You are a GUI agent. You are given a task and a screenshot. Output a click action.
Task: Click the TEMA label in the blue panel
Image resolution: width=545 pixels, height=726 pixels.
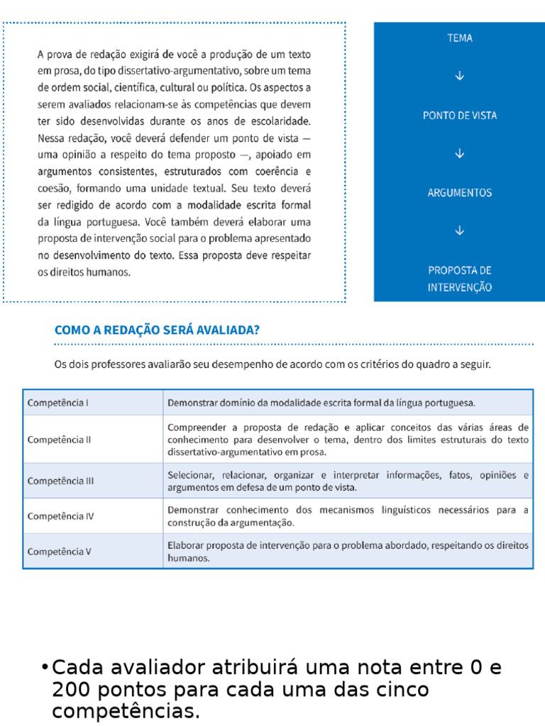[460, 38]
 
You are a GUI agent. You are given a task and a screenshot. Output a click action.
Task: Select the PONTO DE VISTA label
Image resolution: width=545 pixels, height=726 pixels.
[460, 116]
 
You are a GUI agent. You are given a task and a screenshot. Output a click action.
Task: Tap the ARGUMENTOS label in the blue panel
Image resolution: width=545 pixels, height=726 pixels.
[460, 193]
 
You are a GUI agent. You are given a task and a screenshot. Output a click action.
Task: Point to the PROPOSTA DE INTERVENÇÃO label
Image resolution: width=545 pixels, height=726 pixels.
[460, 279]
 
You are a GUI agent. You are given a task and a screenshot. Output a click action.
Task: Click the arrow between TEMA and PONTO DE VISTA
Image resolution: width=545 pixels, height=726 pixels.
[460, 76]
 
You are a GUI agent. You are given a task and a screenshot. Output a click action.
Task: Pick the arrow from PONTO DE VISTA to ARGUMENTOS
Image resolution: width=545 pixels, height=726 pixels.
[460, 153]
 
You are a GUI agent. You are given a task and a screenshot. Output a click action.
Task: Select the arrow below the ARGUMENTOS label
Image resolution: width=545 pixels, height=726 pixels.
[460, 230]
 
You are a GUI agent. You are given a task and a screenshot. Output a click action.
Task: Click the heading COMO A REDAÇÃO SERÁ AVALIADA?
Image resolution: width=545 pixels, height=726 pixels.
[157, 330]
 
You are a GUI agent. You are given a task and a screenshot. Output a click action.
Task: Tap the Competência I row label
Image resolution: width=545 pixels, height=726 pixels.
[58, 403]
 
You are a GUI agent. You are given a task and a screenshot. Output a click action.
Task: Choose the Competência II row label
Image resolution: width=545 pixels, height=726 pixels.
[60, 439]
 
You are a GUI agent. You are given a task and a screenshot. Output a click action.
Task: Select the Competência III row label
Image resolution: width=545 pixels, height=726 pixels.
[61, 481]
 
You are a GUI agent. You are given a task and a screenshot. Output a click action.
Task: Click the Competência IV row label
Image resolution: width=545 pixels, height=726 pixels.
[61, 516]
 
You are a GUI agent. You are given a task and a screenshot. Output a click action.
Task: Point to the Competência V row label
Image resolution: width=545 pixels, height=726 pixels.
[60, 551]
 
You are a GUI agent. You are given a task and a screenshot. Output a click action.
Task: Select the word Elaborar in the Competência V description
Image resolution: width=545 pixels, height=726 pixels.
[185, 545]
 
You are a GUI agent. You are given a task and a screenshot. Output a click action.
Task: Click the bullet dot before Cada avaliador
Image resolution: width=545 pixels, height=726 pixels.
[45, 668]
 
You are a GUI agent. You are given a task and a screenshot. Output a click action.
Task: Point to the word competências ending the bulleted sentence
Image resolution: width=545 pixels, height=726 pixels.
[125, 711]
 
